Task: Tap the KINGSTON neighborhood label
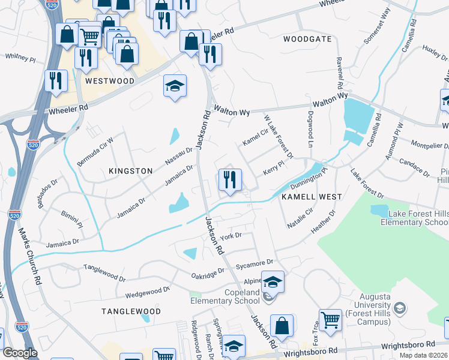click(131, 171)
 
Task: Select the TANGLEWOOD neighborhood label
click(131, 311)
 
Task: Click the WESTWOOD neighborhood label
click(109, 80)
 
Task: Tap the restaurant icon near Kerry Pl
click(229, 179)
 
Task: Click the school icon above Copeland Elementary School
click(273, 281)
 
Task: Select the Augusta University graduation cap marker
click(399, 308)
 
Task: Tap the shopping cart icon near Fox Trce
click(330, 320)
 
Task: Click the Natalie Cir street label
click(301, 215)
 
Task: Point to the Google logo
click(20, 353)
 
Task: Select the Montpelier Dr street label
click(429, 145)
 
